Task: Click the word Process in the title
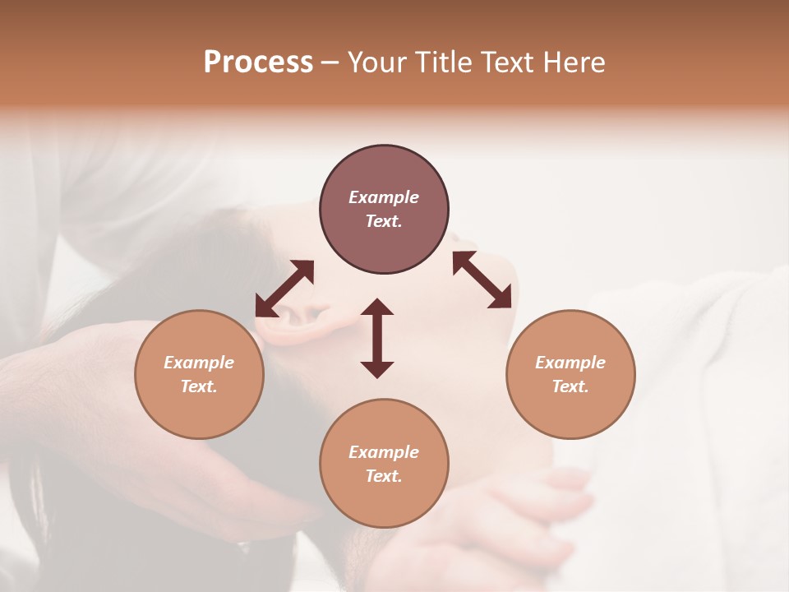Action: (x=258, y=62)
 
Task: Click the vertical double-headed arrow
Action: (x=377, y=338)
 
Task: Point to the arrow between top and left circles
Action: (x=284, y=289)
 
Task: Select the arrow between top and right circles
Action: (x=482, y=280)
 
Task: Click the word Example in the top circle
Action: (x=384, y=197)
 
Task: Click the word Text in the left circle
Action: (x=199, y=386)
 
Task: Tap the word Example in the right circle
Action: (x=570, y=363)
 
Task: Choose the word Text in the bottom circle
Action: (x=384, y=476)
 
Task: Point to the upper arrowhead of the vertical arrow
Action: (x=377, y=308)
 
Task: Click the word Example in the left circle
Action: (x=199, y=363)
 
